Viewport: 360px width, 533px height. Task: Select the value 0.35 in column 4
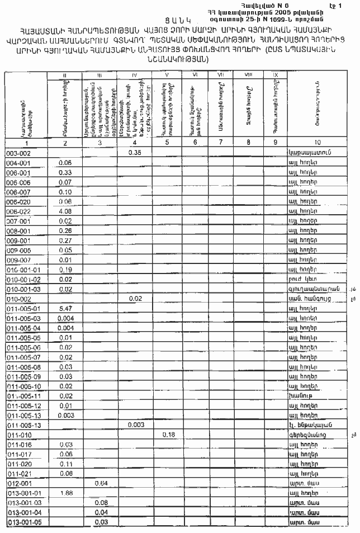coord(134,152)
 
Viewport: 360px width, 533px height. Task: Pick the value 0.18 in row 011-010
coord(169,434)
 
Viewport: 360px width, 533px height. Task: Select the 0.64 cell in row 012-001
coord(101,483)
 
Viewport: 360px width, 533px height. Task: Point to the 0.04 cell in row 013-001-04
coord(101,512)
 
